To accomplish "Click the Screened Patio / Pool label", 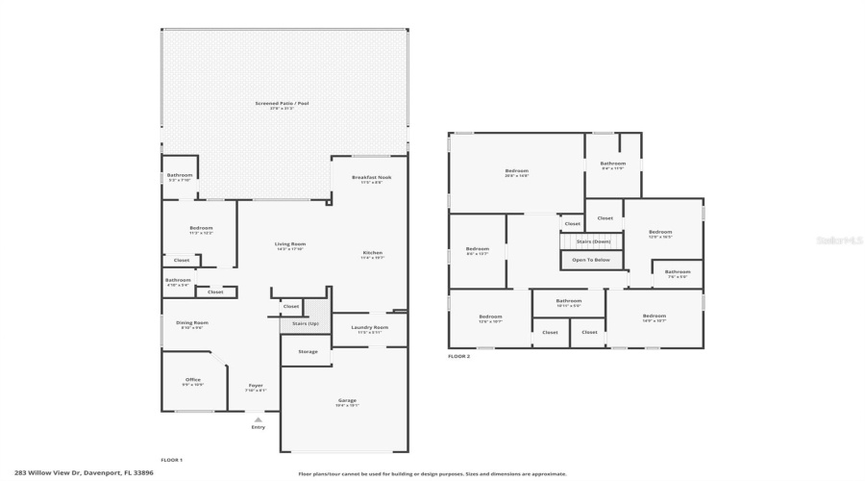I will coord(282,103).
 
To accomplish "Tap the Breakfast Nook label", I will coord(371,177).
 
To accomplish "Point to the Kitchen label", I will coord(372,253).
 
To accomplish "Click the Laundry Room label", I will coord(370,328).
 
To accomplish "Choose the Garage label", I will coord(347,400).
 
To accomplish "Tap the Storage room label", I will coord(307,352).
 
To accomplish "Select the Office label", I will coord(193,380).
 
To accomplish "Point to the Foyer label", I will coord(256,386).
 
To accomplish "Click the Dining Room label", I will coord(192,323).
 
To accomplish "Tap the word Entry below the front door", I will coord(258,427).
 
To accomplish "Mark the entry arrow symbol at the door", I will coord(258,418).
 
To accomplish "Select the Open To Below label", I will coord(591,260).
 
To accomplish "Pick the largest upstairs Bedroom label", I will coord(516,171).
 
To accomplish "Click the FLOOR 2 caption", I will coord(458,357).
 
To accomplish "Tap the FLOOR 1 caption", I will coord(171,460).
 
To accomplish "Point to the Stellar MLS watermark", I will coord(839,240).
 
